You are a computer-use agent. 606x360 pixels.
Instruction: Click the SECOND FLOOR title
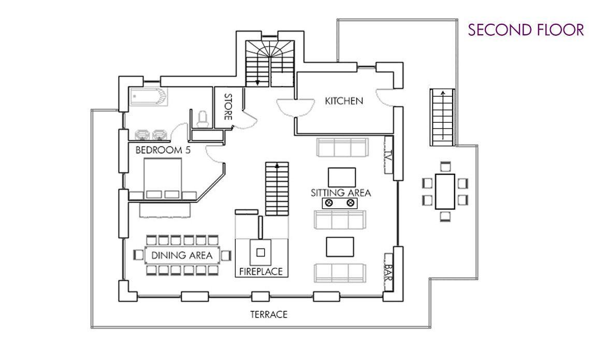pos(526,30)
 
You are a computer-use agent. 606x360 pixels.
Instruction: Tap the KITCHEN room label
pos(344,102)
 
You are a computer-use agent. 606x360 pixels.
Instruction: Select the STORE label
pos(228,107)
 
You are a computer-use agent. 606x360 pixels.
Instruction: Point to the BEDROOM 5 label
pos(163,150)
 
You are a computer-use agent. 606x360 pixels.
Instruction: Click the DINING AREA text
pos(182,255)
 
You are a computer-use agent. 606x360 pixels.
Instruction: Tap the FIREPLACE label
pos(261,271)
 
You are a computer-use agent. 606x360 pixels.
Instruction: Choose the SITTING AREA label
pos(341,193)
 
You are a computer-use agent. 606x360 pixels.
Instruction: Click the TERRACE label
pos(269,314)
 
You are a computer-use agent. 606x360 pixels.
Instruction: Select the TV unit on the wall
pos(388,155)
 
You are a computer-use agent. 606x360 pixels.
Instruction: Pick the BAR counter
pos(388,272)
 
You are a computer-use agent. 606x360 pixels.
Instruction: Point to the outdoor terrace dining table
pos(445,192)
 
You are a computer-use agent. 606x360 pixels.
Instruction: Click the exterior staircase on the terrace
pos(442,117)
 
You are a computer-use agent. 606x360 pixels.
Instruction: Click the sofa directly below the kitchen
pos(341,147)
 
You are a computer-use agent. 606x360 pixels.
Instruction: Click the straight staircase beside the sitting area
pos(277,189)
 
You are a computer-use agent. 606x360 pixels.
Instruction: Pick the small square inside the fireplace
pos(261,253)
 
